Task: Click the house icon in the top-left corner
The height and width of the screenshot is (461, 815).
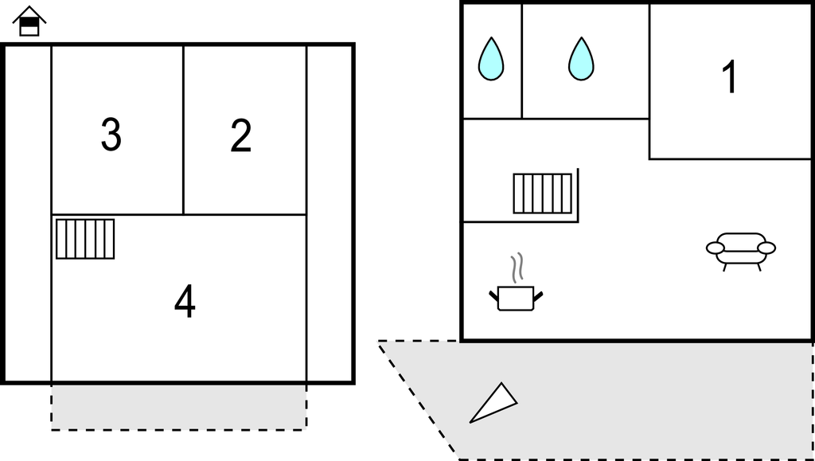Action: coord(29,21)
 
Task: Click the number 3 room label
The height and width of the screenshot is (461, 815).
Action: coord(111,135)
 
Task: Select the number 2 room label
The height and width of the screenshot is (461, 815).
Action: coord(241,136)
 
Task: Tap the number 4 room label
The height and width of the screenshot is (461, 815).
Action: coord(185,303)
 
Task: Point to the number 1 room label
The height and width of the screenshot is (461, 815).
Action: coord(729,77)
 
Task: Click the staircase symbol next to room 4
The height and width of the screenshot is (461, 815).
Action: coord(85,239)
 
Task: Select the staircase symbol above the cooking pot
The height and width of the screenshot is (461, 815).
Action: coord(543,193)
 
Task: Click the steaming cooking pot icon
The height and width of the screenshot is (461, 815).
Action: coord(515,296)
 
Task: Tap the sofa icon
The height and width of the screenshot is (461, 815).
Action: coord(740,249)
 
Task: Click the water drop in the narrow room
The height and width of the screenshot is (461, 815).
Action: coord(491,60)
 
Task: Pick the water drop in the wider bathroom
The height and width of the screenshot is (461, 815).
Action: coord(581,60)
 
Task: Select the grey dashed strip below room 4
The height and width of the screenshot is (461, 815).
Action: coord(179,406)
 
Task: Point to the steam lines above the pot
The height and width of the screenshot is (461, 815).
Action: coord(517,268)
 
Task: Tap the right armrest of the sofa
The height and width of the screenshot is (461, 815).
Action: coord(766,248)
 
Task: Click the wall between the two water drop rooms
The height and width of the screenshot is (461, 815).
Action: coord(522,61)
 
